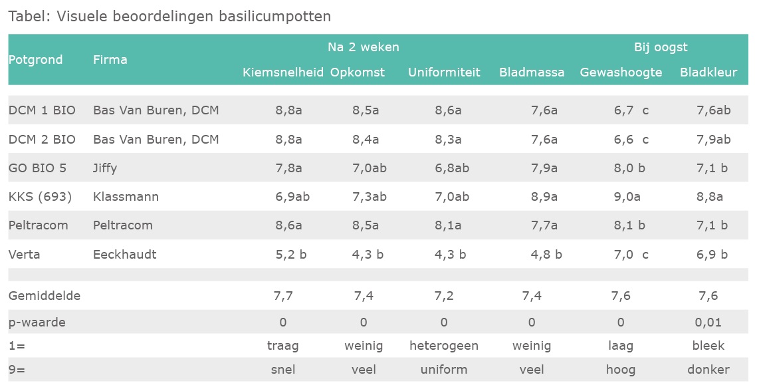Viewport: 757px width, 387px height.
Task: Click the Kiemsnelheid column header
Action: [x=282, y=72]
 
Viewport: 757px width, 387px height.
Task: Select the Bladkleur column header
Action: [x=708, y=72]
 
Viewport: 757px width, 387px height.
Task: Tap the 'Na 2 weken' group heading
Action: [x=363, y=47]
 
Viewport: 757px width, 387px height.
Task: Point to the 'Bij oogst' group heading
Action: [x=661, y=47]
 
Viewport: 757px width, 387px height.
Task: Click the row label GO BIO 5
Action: [x=38, y=168]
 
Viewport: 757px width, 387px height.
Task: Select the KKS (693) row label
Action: [x=40, y=197]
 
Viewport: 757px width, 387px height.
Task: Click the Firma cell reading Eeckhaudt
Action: [x=125, y=254]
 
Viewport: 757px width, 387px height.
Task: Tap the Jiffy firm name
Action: [x=105, y=168]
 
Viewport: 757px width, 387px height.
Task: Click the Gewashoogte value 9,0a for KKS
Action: [x=627, y=197]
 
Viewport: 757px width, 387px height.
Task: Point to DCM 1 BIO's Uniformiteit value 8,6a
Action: [x=448, y=110]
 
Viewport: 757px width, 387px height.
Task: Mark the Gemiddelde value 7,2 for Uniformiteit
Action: [x=444, y=296]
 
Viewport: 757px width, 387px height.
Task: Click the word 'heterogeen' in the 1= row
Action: [x=444, y=346]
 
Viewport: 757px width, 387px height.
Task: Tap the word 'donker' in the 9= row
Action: [x=709, y=370]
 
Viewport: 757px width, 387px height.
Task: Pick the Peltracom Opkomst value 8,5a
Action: [x=366, y=225]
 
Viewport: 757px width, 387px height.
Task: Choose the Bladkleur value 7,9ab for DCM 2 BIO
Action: [x=713, y=140]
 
